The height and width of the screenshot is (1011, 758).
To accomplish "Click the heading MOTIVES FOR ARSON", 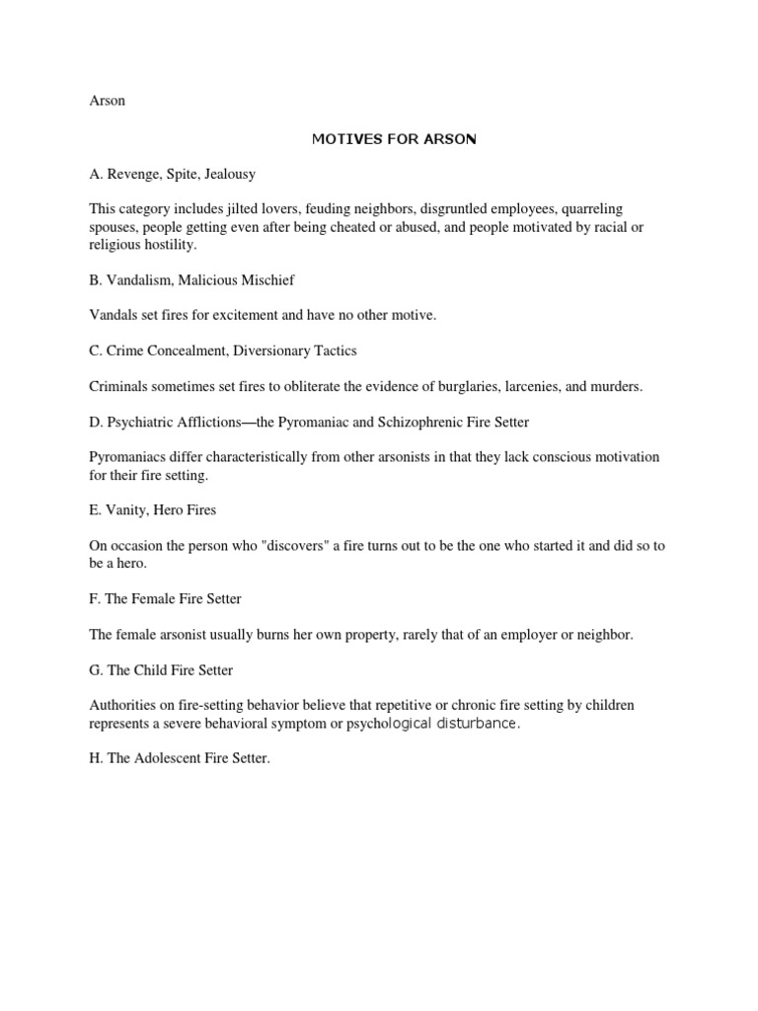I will click(394, 139).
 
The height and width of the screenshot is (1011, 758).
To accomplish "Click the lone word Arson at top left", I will click(107, 102).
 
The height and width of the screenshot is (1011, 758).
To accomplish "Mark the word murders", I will click(617, 386).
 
